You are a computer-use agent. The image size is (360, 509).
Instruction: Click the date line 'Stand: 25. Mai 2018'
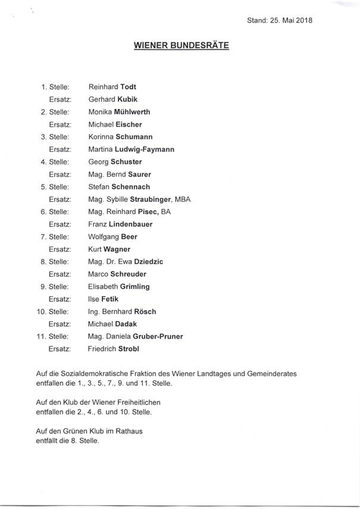[280, 20]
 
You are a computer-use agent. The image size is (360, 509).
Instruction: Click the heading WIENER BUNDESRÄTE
[181, 45]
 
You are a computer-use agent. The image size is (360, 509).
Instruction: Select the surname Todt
[129, 87]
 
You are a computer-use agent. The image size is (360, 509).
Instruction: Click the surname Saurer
[137, 174]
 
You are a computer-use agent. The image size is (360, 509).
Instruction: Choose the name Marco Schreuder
[116, 274]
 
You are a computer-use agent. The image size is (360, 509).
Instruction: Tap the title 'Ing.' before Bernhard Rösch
[93, 311]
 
